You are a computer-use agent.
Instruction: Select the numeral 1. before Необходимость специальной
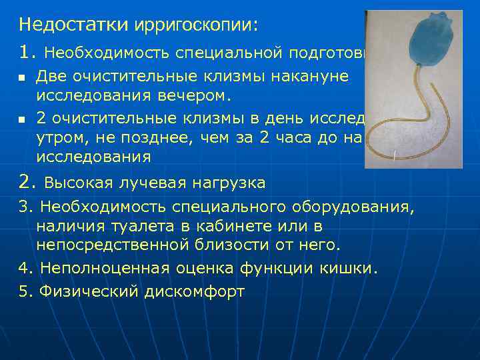(x=27, y=51)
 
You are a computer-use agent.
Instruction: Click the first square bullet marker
(x=22, y=78)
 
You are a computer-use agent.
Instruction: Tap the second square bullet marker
(x=22, y=121)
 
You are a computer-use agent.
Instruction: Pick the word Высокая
(x=79, y=182)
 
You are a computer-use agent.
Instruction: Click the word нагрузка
(x=230, y=182)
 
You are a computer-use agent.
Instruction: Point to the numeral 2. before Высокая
(x=27, y=181)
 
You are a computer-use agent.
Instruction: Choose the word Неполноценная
(x=97, y=268)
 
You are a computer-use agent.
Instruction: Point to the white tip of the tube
(x=395, y=157)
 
